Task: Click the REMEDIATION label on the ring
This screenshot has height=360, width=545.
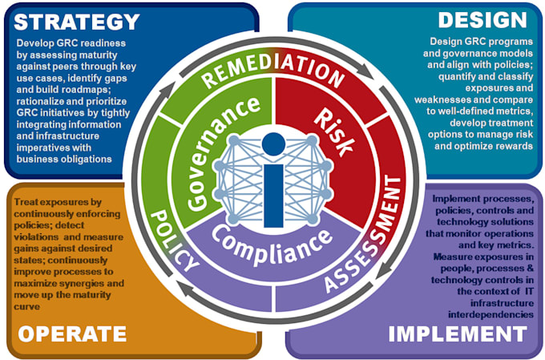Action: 272,69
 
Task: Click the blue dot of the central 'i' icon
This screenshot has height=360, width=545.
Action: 273,144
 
